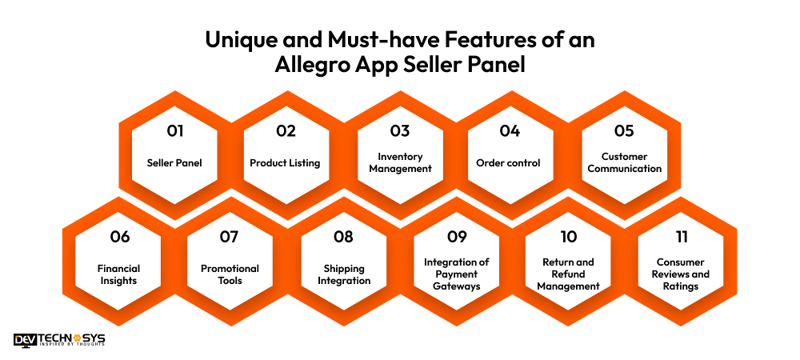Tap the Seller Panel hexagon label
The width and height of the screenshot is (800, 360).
(x=174, y=162)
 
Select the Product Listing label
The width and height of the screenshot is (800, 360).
(x=285, y=162)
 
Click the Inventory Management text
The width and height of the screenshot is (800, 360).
(x=400, y=162)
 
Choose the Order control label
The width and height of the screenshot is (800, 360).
(x=508, y=162)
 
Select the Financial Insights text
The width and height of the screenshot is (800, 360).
(x=119, y=274)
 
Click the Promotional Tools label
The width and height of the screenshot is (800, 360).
(x=230, y=274)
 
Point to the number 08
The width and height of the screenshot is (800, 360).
(x=343, y=237)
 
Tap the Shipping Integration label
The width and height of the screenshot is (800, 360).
(x=343, y=274)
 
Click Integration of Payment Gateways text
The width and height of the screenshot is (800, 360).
(x=455, y=274)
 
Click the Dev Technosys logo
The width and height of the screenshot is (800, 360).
(x=59, y=340)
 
